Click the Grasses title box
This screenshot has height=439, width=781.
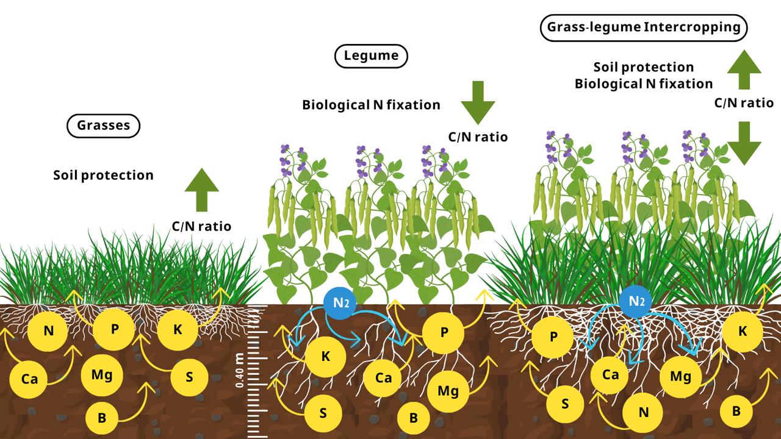(103, 126)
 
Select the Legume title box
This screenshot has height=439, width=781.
(371, 56)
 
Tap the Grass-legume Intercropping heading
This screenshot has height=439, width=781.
(644, 27)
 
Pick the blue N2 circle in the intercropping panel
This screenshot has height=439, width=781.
(636, 301)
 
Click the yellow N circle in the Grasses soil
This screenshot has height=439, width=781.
(48, 332)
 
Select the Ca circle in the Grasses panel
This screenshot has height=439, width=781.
(29, 379)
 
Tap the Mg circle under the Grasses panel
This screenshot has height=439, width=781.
(101, 374)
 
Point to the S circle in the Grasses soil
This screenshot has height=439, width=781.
(189, 376)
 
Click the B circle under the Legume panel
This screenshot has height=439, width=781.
(413, 418)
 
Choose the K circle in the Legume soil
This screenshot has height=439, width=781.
(325, 357)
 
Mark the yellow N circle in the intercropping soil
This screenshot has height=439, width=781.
(642, 412)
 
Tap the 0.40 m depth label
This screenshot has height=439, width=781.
(240, 370)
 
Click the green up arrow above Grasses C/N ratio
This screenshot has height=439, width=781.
(201, 190)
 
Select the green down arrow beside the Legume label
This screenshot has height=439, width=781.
(478, 102)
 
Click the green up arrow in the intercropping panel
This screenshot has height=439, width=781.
(744, 71)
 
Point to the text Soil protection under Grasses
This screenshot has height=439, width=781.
(103, 175)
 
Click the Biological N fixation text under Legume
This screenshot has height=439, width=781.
(371, 104)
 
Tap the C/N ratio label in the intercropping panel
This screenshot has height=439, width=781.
(744, 103)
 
